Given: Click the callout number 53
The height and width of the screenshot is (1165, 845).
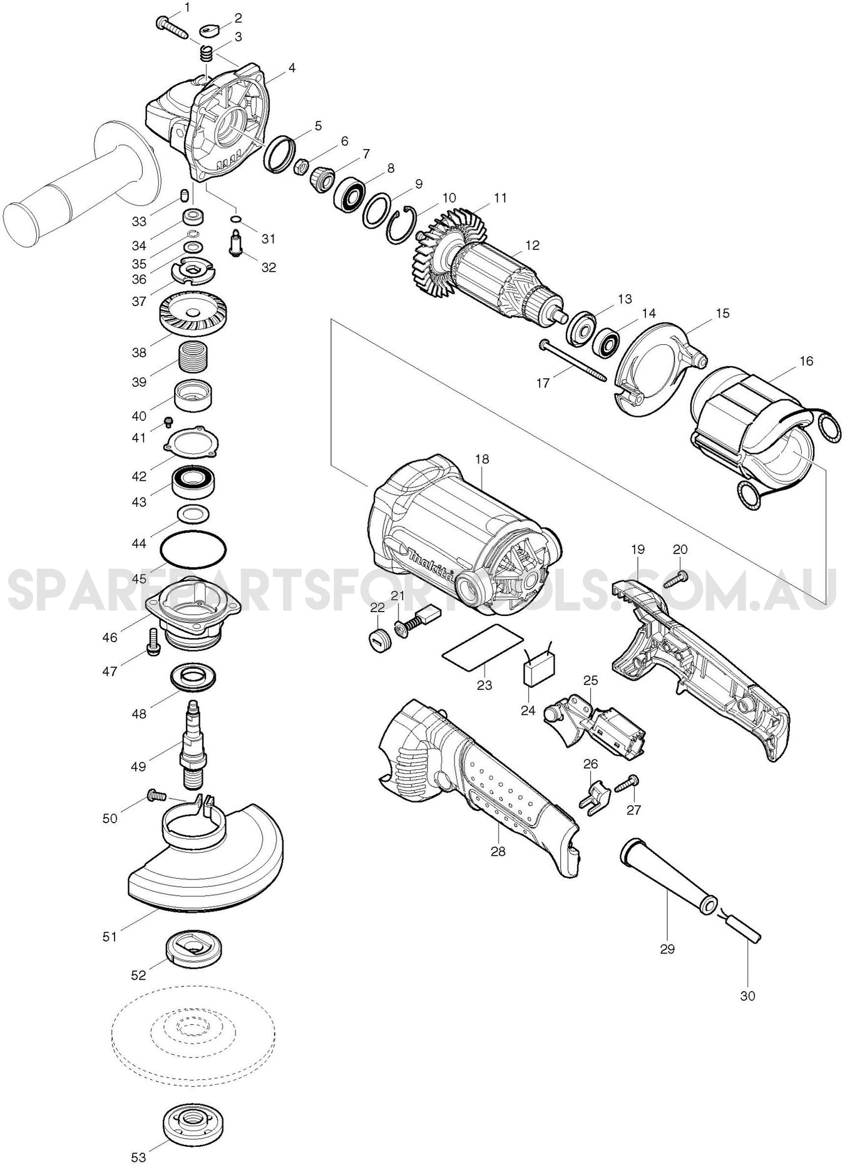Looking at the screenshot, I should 138,1156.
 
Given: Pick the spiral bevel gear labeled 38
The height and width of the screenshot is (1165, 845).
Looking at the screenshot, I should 192,315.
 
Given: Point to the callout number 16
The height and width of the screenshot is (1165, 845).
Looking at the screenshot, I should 806,361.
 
